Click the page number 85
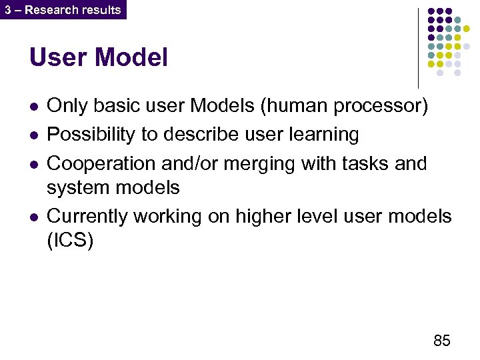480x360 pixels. tap(441, 341)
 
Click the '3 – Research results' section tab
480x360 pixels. tap(63, 10)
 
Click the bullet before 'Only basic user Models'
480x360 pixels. tap(33, 107)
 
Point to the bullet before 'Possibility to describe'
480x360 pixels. tap(33, 135)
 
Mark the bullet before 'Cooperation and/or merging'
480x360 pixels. tap(33, 164)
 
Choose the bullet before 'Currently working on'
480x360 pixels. tap(33, 217)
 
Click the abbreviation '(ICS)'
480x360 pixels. tap(70, 241)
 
